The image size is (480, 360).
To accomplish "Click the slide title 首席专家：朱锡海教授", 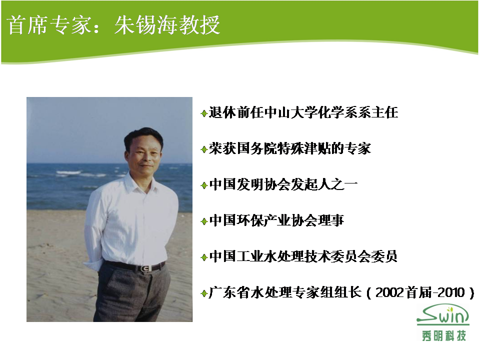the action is coord(113,24).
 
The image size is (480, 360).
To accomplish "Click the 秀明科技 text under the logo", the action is coord(444,336).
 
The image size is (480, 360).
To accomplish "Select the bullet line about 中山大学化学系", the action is coord(303,112).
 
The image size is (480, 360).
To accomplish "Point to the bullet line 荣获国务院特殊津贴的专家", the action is coord(289,149).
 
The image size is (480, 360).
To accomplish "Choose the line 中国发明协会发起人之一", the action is coord(283,184).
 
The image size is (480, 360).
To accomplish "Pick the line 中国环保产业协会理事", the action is coord(276,220).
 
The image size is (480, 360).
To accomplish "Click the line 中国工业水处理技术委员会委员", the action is coord(303,256).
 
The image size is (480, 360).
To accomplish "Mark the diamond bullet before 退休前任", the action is coord(204,113).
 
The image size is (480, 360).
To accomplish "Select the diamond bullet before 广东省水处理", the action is coord(204,293).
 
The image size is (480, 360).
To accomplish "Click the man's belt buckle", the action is coord(145,268).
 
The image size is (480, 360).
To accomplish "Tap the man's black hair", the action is coord(143,136).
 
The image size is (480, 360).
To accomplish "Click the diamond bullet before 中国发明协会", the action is coord(204,185).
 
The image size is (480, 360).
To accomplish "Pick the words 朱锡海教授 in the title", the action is coord(167,24).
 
